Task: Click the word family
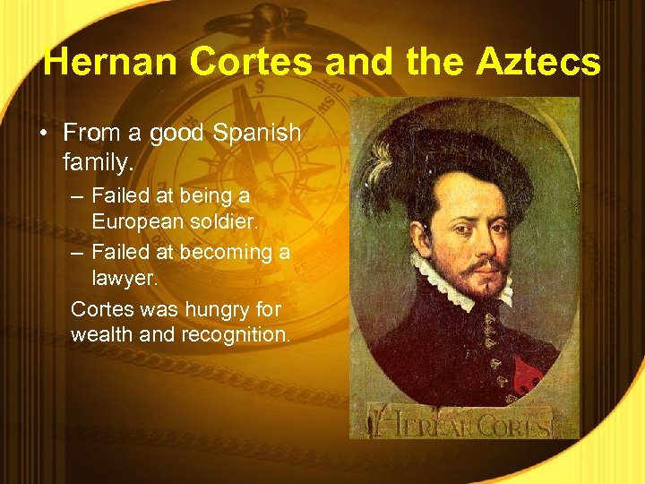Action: [x=99, y=163]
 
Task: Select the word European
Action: [x=135, y=220]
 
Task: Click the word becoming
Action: [x=223, y=252]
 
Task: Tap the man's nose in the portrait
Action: [x=480, y=238]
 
